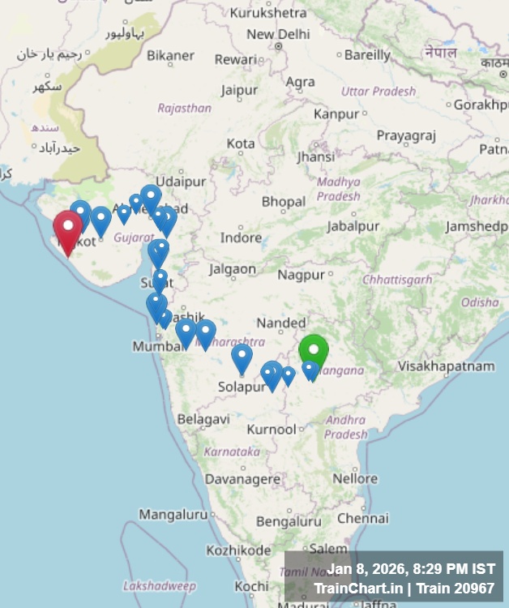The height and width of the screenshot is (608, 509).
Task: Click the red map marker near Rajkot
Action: coord(67,230)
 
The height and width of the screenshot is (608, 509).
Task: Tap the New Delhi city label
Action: coord(278,34)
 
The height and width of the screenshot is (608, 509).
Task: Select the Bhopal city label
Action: coord(284,201)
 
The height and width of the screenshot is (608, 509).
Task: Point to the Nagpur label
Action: coord(301,275)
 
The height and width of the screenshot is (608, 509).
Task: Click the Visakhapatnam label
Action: coord(446,366)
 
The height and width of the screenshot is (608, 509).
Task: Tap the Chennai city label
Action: coord(363,518)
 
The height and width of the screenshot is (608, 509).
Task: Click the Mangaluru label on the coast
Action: coord(173,514)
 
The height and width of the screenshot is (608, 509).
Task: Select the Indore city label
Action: coord(241,238)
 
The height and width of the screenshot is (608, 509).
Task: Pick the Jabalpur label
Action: coord(353,226)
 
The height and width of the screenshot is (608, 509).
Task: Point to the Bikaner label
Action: coord(170,56)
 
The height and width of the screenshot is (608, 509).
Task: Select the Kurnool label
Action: coord(272,429)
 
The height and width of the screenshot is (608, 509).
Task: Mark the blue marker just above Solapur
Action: coord(242,358)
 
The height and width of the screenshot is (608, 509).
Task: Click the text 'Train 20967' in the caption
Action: coord(457,588)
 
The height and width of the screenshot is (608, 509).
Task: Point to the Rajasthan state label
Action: coord(184,108)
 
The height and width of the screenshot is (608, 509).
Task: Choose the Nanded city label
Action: coord(281,323)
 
